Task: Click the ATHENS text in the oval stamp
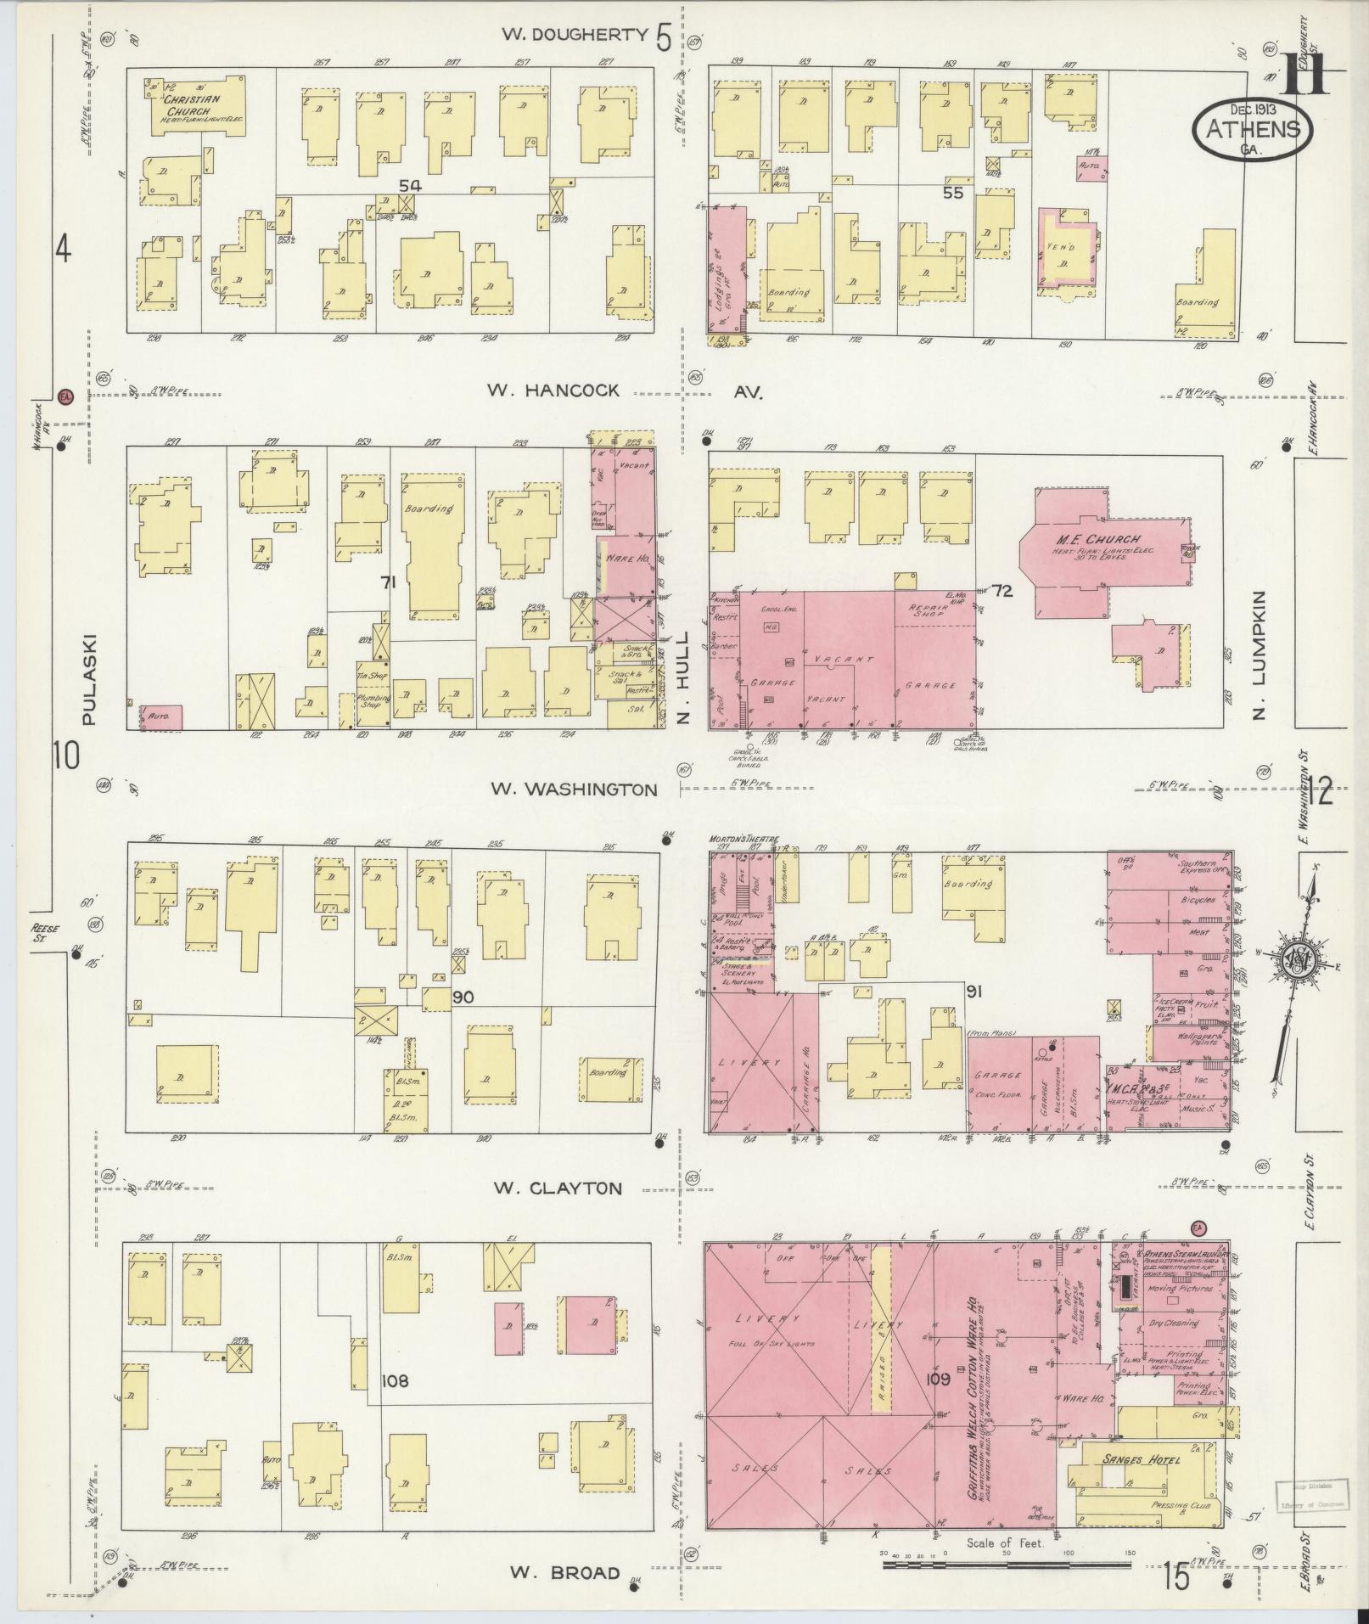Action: (x=1253, y=128)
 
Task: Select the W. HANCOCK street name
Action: (x=553, y=391)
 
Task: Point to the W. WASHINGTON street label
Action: (x=574, y=790)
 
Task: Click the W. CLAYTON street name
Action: (x=558, y=1188)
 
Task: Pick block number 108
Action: (x=395, y=1381)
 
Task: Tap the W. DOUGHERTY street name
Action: (x=575, y=35)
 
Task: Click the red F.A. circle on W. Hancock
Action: (x=65, y=396)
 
